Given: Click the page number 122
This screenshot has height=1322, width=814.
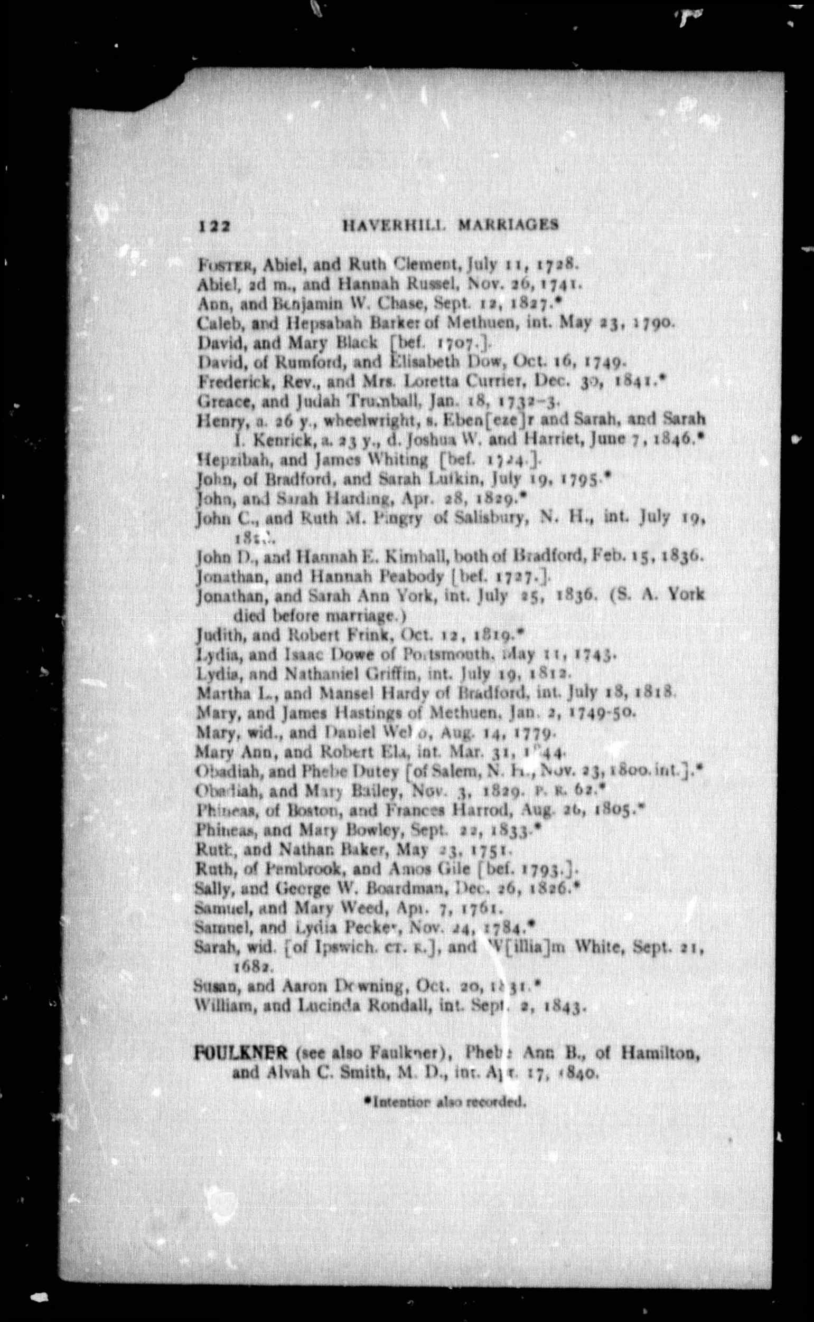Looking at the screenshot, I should coord(214,226).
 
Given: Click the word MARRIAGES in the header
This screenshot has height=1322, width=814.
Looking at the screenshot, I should coord(508,225).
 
